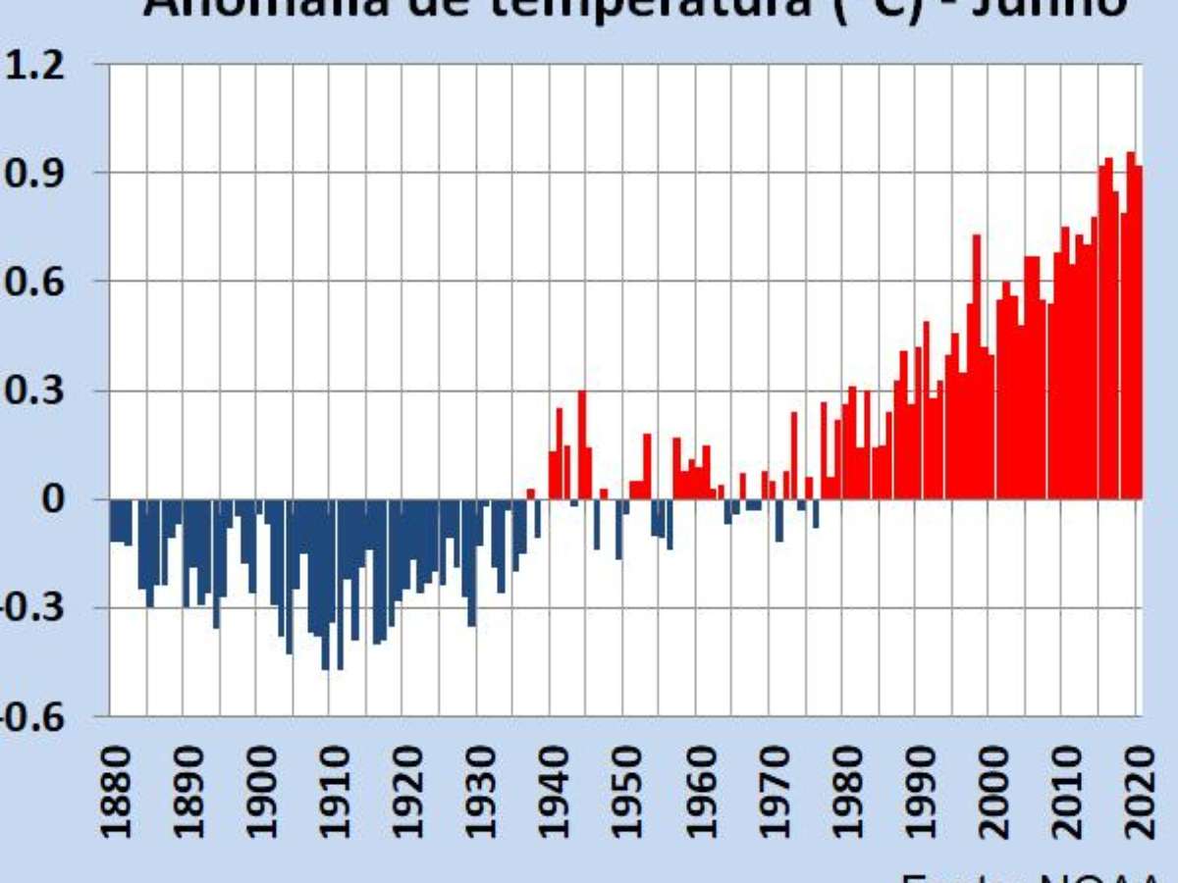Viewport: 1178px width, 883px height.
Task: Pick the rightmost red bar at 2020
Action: (1139, 334)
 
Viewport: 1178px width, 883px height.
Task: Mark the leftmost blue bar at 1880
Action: (113, 520)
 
